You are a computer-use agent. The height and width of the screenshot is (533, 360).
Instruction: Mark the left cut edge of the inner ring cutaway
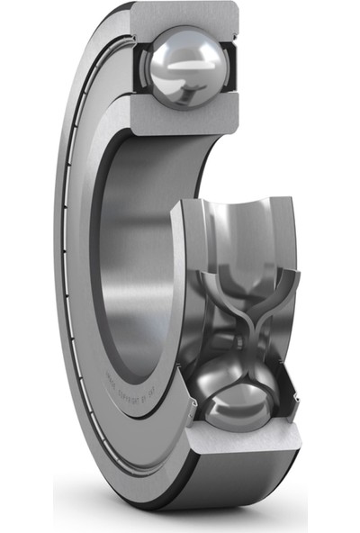(x=178, y=270)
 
